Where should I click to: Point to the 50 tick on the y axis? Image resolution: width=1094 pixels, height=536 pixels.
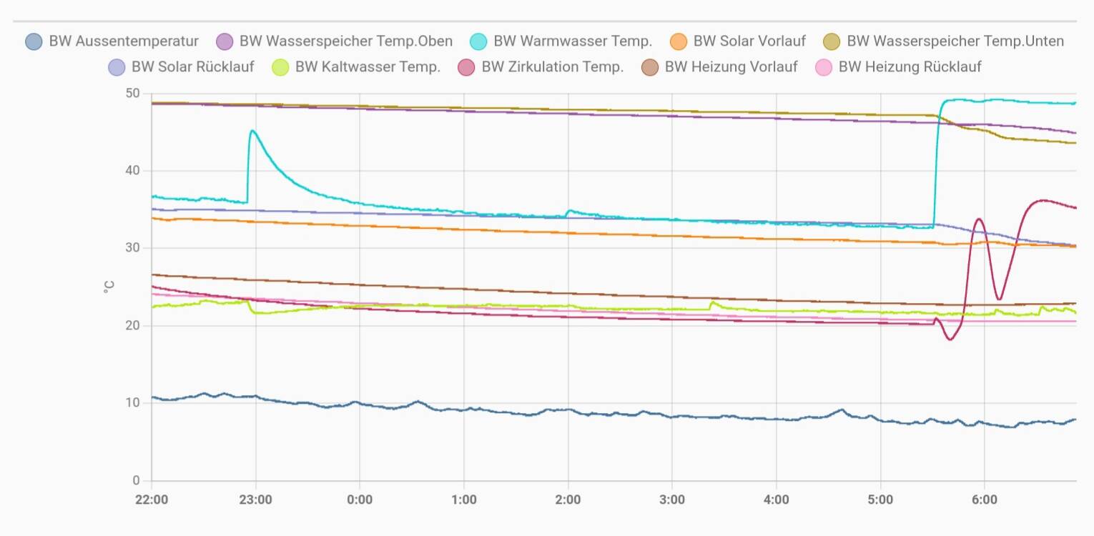[x=132, y=94]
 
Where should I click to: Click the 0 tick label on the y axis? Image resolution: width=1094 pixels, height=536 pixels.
[x=136, y=480]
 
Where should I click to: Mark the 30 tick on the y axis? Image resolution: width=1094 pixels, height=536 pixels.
[x=132, y=248]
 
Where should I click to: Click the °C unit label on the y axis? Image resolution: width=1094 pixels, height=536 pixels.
[x=109, y=287]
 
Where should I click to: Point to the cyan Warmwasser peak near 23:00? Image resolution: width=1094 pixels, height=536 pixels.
[x=252, y=131]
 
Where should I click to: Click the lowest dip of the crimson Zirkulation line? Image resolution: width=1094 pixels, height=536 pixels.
[x=950, y=339]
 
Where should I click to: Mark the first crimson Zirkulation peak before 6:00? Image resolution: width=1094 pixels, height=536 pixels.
[x=978, y=219]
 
